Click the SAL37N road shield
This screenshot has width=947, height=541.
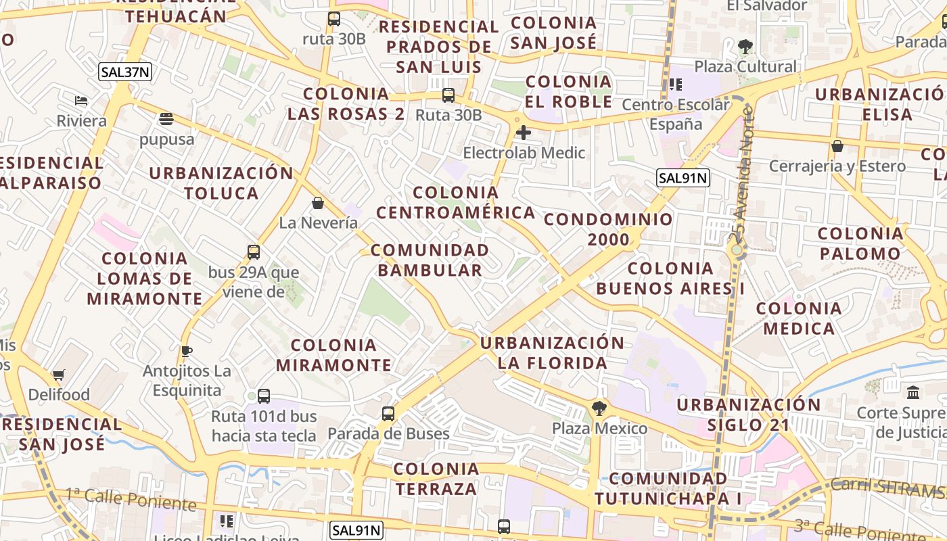coord(124,72)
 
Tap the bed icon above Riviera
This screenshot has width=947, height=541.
coord(81,101)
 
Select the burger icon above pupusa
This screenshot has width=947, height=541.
coord(166,119)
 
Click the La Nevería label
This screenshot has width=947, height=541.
coord(319,222)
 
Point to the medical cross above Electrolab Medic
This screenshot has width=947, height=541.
coord(523,133)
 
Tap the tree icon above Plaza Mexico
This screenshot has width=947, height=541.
coord(599,408)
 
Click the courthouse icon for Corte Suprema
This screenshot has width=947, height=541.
coord(913,392)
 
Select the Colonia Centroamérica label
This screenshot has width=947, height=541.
coord(456,203)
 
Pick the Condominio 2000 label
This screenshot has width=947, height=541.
coord(609,229)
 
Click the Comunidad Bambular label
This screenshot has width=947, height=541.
coord(430,260)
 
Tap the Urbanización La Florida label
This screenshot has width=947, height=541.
coord(553,353)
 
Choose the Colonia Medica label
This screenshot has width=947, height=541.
coord(799,319)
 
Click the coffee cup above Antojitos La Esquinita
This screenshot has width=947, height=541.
coord(187,351)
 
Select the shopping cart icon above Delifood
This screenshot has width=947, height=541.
coord(59,375)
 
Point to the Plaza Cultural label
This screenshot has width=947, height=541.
coord(745,66)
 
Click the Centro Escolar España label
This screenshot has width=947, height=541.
coord(676,114)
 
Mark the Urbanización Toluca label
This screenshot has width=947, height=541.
coord(221,183)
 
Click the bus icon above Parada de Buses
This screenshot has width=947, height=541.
coord(388,413)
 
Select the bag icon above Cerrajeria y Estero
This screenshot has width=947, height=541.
coord(837,146)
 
